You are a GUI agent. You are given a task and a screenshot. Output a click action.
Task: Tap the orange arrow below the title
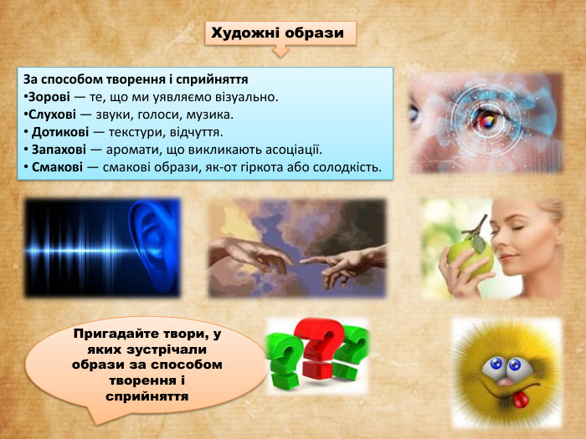280,52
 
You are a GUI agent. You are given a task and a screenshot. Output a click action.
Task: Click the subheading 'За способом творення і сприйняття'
136,80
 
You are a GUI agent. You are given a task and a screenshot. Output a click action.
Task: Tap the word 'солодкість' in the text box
347,167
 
